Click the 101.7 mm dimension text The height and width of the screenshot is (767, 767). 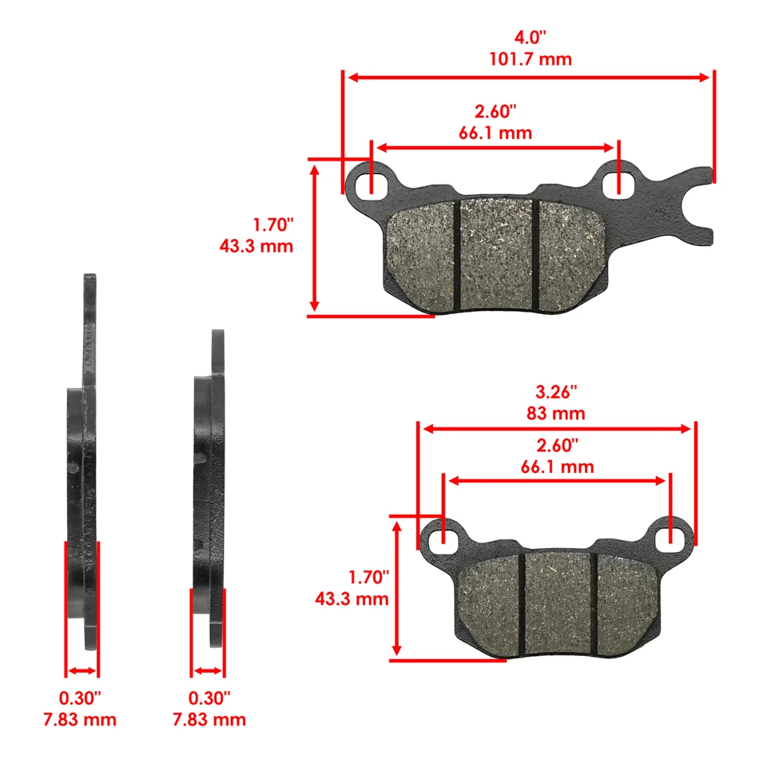pos(529,59)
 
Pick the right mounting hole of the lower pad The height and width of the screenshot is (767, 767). pos(670,540)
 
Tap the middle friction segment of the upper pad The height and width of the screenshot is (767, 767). pos(495,253)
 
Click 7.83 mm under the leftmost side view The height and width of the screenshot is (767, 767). pos(80,720)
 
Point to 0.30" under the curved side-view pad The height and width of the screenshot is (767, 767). pos(209,698)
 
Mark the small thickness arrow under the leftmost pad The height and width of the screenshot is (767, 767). pos(81,671)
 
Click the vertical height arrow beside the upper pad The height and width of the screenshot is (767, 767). pos(315,237)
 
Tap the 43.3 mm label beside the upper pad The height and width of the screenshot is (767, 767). pos(256,246)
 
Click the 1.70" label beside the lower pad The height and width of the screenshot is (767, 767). pos(368,577)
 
